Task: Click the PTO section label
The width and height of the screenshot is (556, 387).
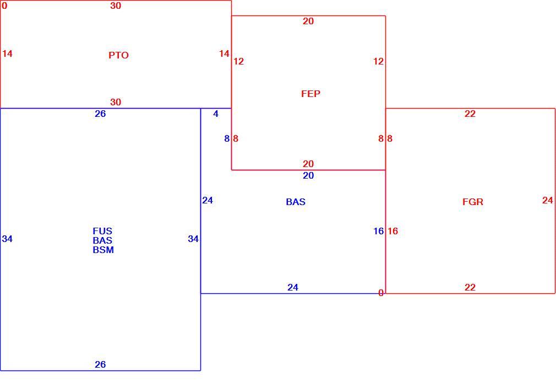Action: click(118, 55)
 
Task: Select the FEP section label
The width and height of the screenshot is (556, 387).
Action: click(310, 94)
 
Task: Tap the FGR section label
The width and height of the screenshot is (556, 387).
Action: click(473, 202)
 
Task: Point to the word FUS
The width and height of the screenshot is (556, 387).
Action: click(102, 231)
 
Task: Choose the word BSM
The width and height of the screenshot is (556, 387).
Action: click(103, 250)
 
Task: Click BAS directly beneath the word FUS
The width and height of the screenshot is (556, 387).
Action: click(102, 240)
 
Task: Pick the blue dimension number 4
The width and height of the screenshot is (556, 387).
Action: click(216, 114)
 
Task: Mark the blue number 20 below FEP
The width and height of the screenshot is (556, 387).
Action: click(308, 175)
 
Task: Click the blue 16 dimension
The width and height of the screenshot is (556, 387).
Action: click(378, 231)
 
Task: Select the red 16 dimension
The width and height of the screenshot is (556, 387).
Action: click(393, 231)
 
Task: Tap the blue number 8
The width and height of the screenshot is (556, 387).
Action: click(227, 139)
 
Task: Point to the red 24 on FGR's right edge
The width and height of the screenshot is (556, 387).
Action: click(548, 201)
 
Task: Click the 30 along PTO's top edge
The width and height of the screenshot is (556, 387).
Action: click(116, 6)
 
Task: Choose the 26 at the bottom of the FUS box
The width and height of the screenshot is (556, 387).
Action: click(100, 364)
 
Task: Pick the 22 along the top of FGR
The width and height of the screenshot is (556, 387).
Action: click(470, 114)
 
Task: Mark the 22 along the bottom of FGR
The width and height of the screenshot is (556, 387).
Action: click(470, 287)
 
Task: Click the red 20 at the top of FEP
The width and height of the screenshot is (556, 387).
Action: click(308, 21)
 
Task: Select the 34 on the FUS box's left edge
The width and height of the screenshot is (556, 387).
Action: click(7, 239)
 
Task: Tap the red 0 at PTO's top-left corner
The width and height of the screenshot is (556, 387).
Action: click(4, 6)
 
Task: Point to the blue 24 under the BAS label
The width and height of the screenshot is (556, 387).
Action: click(292, 287)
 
